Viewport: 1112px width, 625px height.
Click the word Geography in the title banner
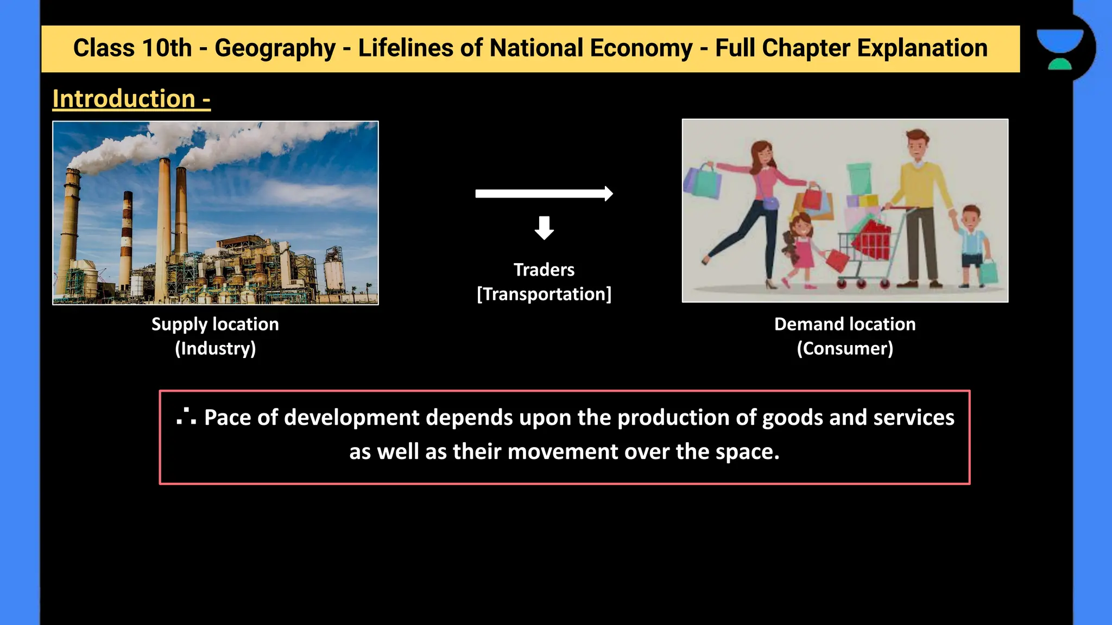[x=275, y=48]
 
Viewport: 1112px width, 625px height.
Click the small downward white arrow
[x=544, y=227]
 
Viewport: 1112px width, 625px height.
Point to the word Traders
[x=544, y=270]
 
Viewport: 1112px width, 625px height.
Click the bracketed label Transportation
[x=544, y=294]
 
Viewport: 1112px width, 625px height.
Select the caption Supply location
[x=215, y=324]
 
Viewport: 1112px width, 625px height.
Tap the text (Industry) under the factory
[x=215, y=348]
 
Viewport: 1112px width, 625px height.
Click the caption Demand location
[x=845, y=324]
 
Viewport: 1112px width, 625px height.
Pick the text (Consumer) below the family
[x=845, y=348]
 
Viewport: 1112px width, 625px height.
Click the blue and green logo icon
[x=1060, y=48]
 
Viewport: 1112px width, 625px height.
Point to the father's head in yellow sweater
[x=917, y=145]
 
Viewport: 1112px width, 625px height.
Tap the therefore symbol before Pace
[x=186, y=417]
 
